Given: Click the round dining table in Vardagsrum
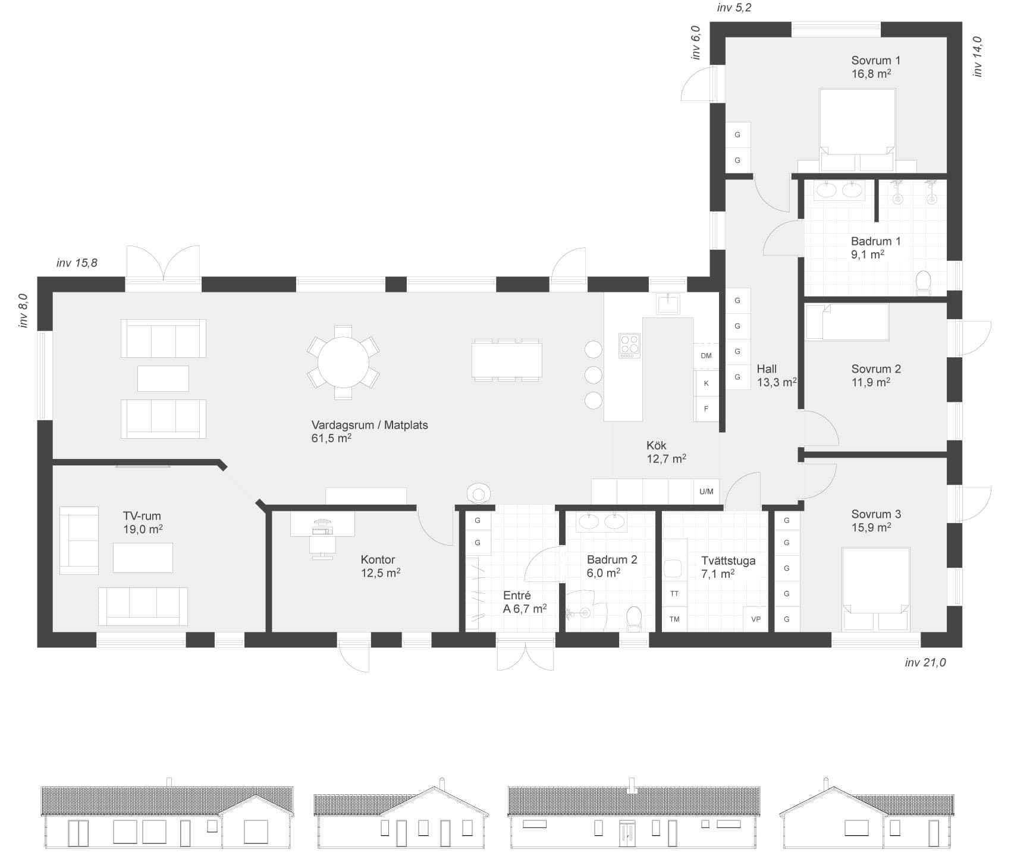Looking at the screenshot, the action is click(343, 362).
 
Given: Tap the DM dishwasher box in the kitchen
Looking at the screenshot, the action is click(706, 356).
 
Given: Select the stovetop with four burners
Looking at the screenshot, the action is click(629, 345).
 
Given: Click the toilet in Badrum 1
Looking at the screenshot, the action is click(923, 283).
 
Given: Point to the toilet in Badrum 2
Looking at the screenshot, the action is click(635, 618).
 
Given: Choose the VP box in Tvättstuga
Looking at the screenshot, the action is click(756, 619).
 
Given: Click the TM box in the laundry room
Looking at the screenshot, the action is click(674, 619).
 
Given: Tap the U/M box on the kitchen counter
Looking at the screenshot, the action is click(707, 492).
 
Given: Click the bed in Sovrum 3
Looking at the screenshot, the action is click(876, 589).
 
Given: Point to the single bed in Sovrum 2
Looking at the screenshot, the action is click(847, 322).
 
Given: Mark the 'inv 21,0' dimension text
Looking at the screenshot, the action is click(925, 662).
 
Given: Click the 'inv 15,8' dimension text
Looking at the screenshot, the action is click(77, 263).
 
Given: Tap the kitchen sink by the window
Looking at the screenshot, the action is click(668, 303).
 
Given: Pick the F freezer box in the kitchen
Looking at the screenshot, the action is click(707, 409).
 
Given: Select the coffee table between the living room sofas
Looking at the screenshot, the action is click(163, 378).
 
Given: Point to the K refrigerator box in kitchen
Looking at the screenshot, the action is click(707, 383).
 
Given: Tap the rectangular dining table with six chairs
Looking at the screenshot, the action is click(507, 360).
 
